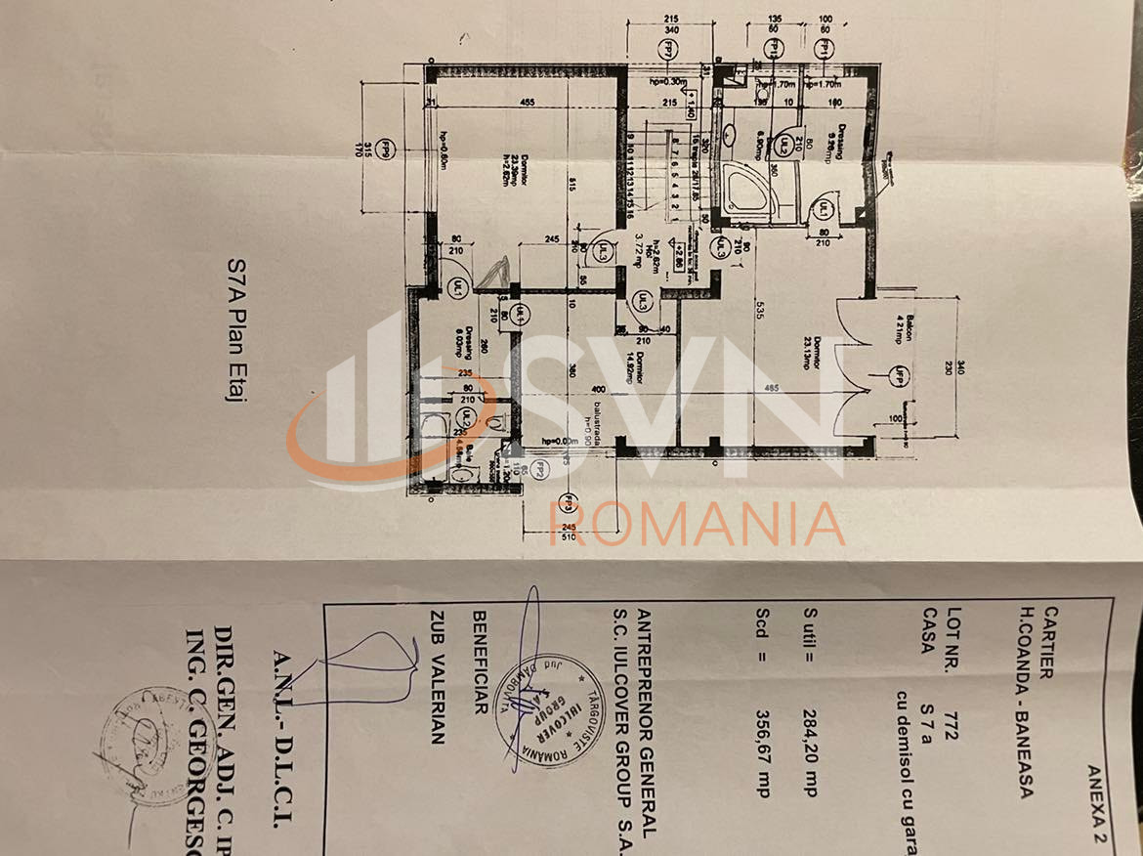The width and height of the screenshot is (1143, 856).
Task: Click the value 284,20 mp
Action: point(809,750)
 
